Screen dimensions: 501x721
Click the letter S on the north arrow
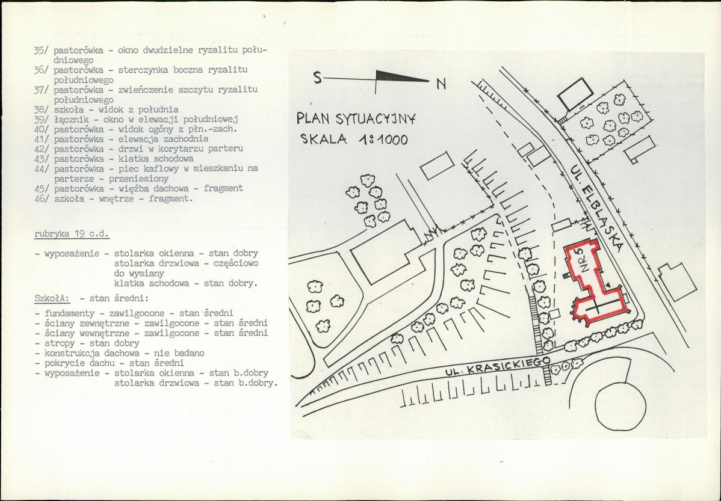click(x=317, y=78)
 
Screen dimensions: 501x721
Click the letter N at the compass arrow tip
click(x=441, y=84)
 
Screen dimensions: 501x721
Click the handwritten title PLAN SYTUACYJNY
click(x=356, y=118)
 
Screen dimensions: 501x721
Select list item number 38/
click(x=41, y=109)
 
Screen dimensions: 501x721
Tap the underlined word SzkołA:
click(x=52, y=298)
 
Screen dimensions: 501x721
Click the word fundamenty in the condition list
click(x=71, y=313)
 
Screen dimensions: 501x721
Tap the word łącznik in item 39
click(x=70, y=120)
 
